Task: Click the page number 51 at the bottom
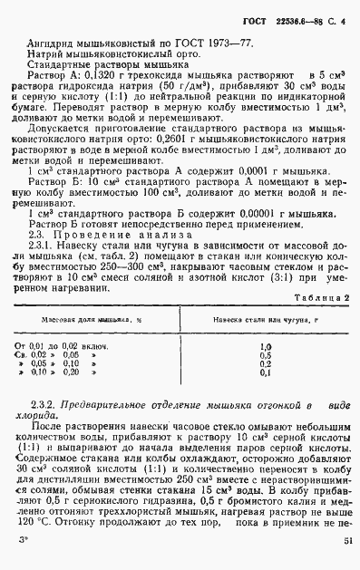[348, 540]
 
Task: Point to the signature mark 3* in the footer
[23, 540]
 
